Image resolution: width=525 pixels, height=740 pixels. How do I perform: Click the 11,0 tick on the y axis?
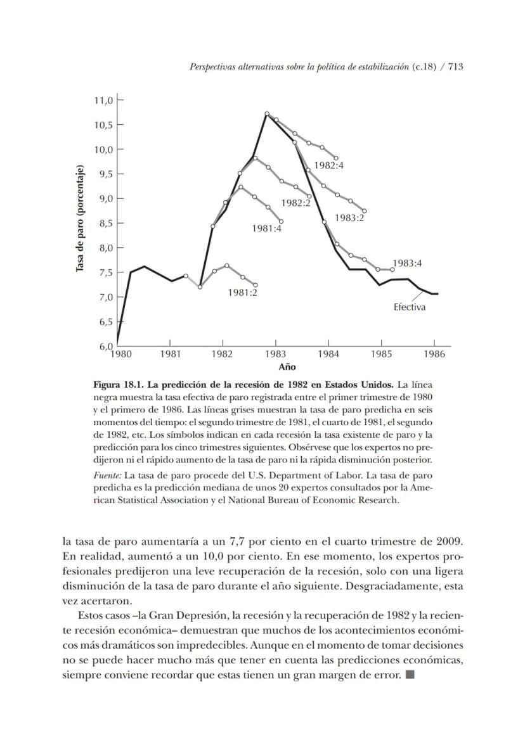pyautogui.click(x=103, y=100)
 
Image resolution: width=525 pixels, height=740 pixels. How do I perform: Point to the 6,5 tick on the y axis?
pyautogui.click(x=103, y=321)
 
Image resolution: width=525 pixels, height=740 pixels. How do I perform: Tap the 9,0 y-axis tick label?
pyautogui.click(x=103, y=198)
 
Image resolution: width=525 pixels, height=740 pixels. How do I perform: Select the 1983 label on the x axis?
pyautogui.click(x=275, y=354)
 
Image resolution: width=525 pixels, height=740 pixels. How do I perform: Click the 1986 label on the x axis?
pyautogui.click(x=434, y=354)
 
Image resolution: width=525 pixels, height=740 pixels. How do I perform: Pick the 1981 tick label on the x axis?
pyautogui.click(x=170, y=354)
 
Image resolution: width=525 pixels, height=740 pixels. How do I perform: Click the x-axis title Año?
pyautogui.click(x=287, y=367)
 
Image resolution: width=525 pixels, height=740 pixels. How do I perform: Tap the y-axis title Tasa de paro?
pyautogui.click(x=81, y=219)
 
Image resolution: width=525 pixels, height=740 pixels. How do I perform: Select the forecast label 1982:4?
pyautogui.click(x=330, y=166)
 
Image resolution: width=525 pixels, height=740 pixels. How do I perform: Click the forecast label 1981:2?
pyautogui.click(x=242, y=292)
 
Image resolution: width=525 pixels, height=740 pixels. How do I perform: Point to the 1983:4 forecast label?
pyautogui.click(x=407, y=263)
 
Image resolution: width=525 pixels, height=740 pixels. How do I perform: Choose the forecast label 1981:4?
pyautogui.click(x=266, y=228)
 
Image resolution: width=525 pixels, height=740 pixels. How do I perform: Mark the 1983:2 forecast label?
pyautogui.click(x=350, y=217)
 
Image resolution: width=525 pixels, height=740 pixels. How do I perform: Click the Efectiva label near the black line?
pyautogui.click(x=410, y=307)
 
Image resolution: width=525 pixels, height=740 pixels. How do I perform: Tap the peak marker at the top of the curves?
pyautogui.click(x=267, y=114)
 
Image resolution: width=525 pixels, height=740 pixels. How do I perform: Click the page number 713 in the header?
pyautogui.click(x=456, y=67)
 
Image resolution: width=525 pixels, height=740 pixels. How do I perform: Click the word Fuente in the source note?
pyautogui.click(x=107, y=475)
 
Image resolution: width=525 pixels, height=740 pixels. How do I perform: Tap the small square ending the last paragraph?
pyautogui.click(x=410, y=675)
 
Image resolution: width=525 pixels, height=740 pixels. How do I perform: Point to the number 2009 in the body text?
pyautogui.click(x=450, y=542)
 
